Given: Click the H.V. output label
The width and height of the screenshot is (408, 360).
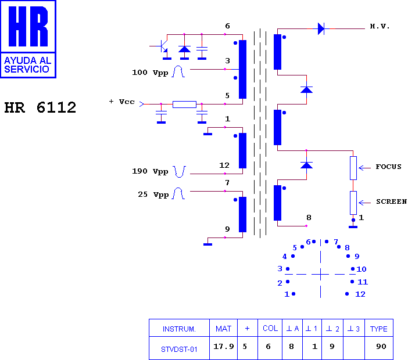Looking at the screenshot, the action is tap(380, 26).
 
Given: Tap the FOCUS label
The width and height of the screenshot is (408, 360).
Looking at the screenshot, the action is tap(388, 167).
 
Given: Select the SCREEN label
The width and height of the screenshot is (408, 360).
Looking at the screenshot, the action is tap(392, 201).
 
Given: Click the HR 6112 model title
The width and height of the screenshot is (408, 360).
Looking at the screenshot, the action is tap(40, 107).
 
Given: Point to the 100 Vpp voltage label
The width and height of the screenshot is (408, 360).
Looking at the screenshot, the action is tap(150, 73).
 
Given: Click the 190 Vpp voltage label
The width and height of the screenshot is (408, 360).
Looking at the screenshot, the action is tap(150, 171).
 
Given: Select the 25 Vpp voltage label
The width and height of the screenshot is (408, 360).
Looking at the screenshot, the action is tap(153, 195).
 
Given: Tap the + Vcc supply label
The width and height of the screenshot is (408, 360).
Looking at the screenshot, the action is tap(122, 102).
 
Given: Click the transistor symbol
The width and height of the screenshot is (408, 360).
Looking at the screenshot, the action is tap(163, 46).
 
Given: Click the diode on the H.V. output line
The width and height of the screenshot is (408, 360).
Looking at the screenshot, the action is tap(321, 28).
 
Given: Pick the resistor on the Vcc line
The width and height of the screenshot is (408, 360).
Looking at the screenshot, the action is tap(184, 105).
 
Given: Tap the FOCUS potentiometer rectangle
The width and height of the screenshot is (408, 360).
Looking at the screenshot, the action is tap(353, 168).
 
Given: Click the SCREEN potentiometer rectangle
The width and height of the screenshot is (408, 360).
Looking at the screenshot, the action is tap(353, 203).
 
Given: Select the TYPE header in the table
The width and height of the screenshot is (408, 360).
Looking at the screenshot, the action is tap(378, 329).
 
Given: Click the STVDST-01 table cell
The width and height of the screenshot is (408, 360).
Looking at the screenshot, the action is tap(179, 350).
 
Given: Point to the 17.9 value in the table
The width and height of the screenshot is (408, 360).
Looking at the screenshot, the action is tap(224, 346).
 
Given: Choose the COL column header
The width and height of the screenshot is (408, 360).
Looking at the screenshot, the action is tap(270, 328).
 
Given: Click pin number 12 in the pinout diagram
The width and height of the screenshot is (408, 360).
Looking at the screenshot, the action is tap(360, 294).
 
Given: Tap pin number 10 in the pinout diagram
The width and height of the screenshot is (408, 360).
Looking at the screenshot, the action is tap(361, 269).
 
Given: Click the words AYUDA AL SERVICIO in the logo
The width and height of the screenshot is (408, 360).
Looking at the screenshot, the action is tap(27, 64).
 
